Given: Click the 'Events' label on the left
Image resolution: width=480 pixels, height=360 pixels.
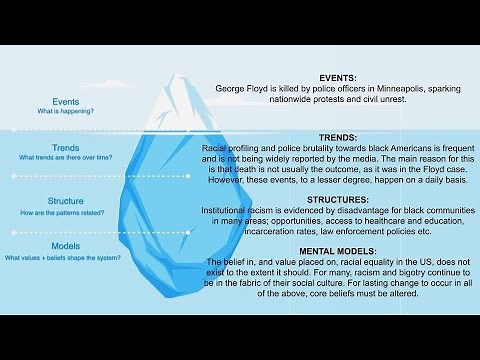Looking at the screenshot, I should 66,101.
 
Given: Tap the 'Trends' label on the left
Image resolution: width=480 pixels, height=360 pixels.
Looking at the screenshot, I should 66,147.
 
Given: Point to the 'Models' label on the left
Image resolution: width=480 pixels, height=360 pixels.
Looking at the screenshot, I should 66,245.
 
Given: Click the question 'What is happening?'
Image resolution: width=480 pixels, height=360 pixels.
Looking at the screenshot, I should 66,112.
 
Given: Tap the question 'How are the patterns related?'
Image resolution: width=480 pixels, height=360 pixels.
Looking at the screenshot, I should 66,211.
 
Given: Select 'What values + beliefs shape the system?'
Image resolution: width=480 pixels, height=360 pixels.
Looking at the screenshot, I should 66,257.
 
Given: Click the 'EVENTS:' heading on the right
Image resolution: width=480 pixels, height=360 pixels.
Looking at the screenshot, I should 343,77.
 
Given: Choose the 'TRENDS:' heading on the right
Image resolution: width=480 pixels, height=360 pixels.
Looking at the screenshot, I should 343,136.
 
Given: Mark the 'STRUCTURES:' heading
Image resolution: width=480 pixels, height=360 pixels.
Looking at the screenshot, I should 343,200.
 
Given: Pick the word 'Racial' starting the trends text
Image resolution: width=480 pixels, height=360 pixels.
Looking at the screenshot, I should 215,147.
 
